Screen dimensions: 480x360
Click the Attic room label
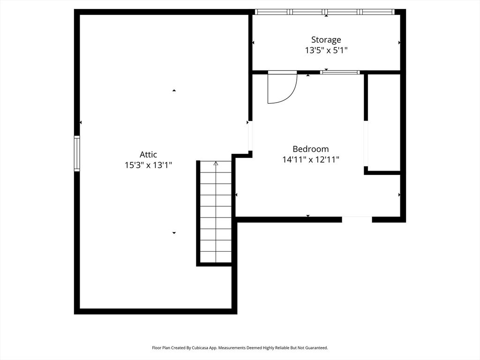click(x=149, y=154)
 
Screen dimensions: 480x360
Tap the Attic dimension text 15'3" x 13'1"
click(x=149, y=165)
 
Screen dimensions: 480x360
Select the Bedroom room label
click(x=311, y=149)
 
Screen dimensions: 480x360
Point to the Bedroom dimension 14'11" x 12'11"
click(x=311, y=159)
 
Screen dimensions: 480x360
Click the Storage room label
click(x=326, y=40)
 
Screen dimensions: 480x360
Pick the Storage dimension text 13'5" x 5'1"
click(x=326, y=50)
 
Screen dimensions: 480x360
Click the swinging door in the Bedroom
click(x=282, y=88)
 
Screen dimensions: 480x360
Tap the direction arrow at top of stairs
click(x=216, y=164)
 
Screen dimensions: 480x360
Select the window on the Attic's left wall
click(x=77, y=153)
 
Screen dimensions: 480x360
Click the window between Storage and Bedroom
click(x=340, y=73)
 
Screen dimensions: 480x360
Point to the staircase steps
click(x=216, y=211)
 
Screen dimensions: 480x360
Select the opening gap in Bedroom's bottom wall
click(x=357, y=219)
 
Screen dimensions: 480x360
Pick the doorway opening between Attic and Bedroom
click(x=250, y=136)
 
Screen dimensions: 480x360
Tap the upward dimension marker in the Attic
click(x=174, y=90)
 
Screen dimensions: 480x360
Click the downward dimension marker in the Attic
click(x=174, y=233)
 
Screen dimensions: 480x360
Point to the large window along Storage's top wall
click(x=325, y=12)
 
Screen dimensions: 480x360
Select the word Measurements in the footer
click(x=232, y=348)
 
